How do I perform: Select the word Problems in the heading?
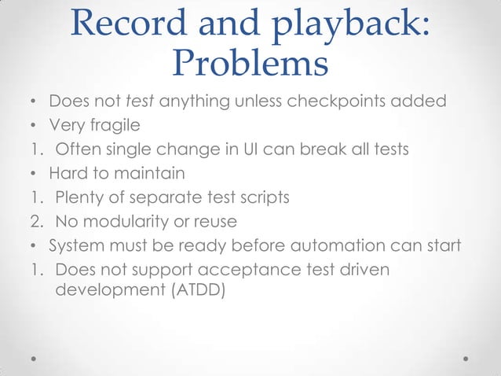[249, 64]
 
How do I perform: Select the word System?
[76, 245]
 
